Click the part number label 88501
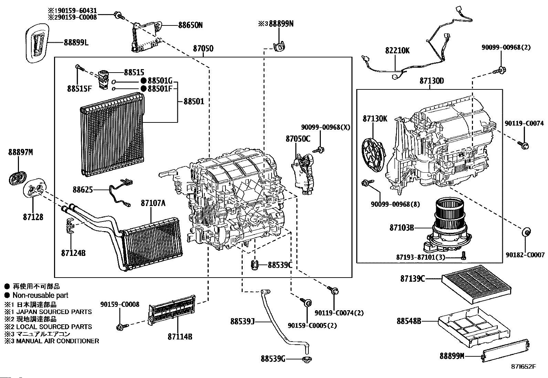(x=194, y=101)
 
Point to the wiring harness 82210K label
(x=397, y=51)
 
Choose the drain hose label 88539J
(x=242, y=322)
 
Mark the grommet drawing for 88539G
(x=306, y=360)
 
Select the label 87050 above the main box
(x=203, y=48)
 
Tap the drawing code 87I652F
(x=524, y=366)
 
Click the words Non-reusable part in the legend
(x=40, y=295)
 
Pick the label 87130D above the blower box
(x=432, y=81)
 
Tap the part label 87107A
(x=153, y=203)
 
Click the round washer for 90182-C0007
(x=526, y=232)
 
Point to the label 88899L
(x=76, y=43)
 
